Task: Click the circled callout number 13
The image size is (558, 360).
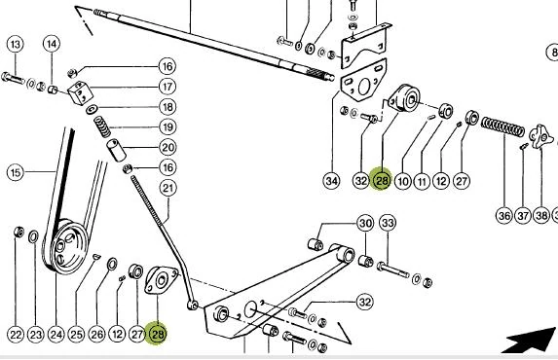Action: (x=16, y=45)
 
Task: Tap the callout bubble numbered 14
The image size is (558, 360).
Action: (x=52, y=44)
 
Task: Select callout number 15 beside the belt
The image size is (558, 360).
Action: (x=16, y=172)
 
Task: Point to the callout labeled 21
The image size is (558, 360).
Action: (x=167, y=188)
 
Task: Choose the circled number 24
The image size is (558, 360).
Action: (x=56, y=335)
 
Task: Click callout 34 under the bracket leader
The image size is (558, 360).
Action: (x=331, y=181)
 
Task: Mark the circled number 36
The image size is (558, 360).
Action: (x=504, y=216)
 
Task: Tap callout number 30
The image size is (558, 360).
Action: (x=365, y=224)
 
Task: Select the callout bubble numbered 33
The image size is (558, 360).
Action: (x=388, y=223)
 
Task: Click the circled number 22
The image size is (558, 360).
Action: (x=16, y=335)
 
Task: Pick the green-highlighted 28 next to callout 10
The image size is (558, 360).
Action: (x=382, y=180)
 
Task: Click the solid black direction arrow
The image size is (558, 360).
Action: (x=530, y=340)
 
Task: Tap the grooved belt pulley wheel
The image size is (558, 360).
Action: (x=66, y=247)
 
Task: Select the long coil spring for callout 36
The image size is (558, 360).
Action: (x=502, y=127)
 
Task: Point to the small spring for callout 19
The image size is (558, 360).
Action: (x=102, y=126)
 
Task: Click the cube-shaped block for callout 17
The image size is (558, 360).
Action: (x=80, y=92)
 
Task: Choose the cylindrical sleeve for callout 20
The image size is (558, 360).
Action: (x=117, y=150)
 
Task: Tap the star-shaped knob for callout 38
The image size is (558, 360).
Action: (x=540, y=136)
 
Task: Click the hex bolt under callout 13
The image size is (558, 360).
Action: (x=13, y=78)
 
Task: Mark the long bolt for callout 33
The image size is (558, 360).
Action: (x=393, y=270)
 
